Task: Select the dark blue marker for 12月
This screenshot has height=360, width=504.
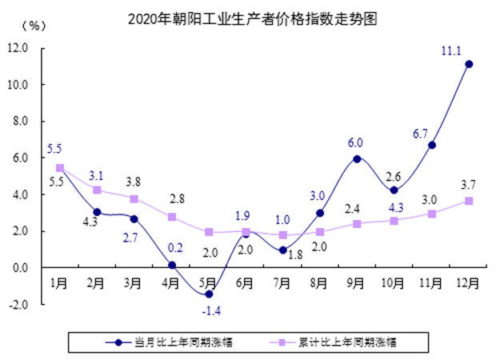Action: coord(469,64)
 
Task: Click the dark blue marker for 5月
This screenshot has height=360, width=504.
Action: coord(209,294)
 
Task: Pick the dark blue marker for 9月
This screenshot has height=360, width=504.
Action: coord(357,158)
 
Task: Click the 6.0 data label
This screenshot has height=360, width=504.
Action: coord(355,143)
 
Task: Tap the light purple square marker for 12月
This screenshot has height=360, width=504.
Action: coord(469,201)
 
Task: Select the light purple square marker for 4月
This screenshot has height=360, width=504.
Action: coord(172,217)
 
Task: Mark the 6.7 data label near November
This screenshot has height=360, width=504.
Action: coord(421,133)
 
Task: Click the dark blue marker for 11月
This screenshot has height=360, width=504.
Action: coord(432,145)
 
